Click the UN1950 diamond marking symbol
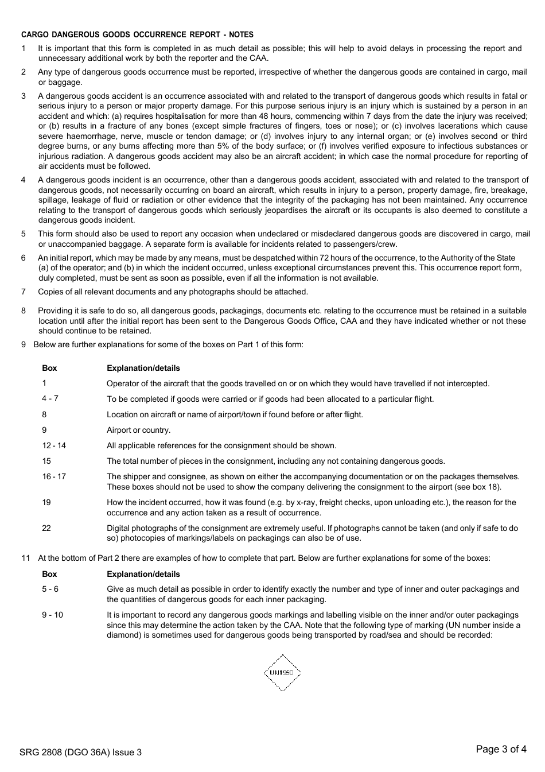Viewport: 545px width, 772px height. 282,672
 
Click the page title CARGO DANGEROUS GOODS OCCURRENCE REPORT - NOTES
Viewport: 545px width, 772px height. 137,35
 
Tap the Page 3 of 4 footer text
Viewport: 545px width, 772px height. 501,748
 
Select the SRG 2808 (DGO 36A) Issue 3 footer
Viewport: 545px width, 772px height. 80,752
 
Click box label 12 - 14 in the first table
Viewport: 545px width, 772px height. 54,445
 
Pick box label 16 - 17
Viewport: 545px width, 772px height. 54,476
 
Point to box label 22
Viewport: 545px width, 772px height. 46,528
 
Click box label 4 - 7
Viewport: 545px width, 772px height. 50,398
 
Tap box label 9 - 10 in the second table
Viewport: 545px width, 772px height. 52,615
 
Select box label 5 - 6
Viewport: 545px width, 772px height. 50,589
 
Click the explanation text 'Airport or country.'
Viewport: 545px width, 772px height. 138,430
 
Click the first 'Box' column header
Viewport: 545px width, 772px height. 49,368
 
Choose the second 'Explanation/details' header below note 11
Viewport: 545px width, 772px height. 143,574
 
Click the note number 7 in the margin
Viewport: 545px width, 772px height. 24,292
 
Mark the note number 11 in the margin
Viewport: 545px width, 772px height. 25,558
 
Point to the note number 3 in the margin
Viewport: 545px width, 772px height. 24,96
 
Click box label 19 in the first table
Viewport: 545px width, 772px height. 46,502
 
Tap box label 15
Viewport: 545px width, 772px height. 46,461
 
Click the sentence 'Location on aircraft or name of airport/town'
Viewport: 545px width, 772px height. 235,414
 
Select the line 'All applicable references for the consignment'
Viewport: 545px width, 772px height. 221,445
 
